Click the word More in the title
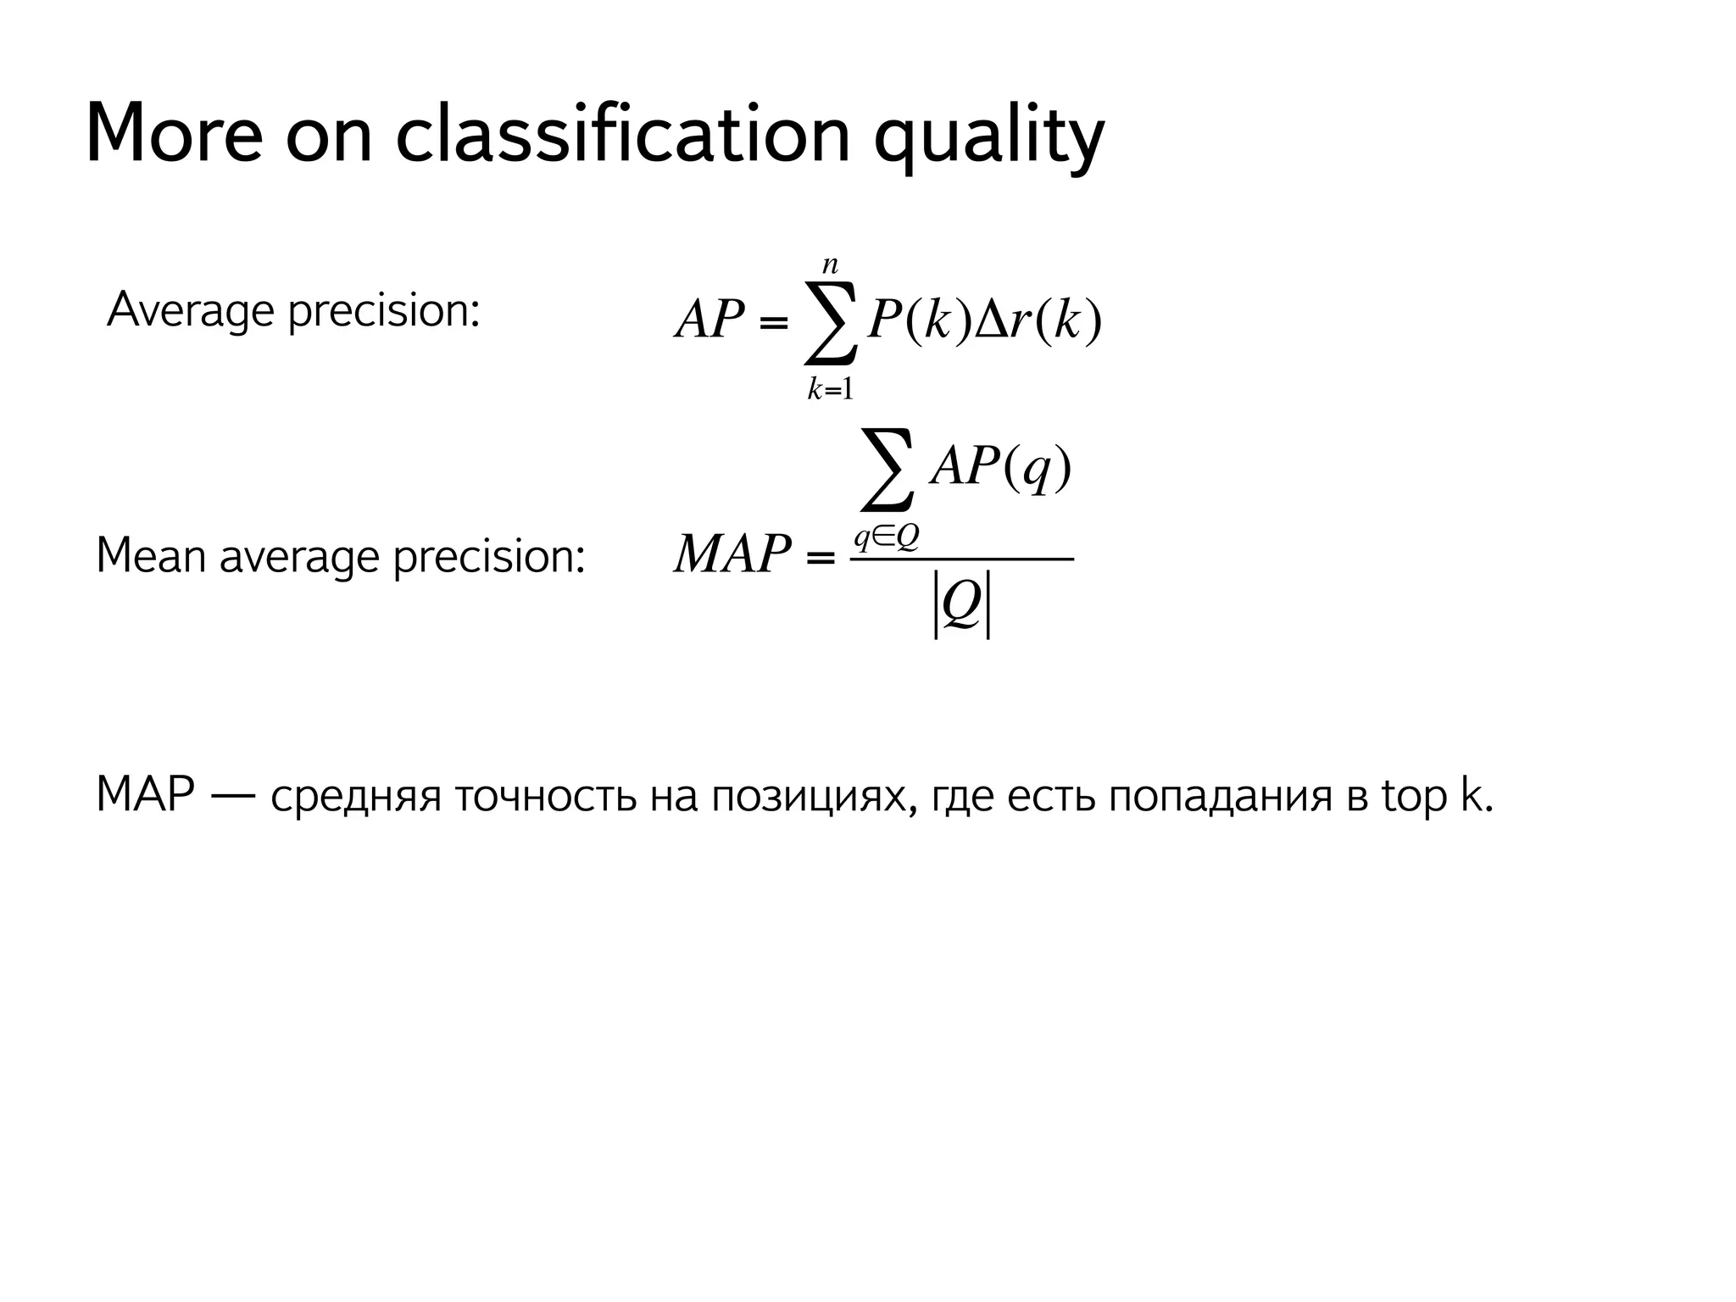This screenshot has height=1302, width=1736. click(174, 134)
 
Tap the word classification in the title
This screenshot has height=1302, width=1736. click(622, 134)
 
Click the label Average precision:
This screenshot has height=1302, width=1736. click(293, 311)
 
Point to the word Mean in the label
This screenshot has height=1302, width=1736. click(152, 557)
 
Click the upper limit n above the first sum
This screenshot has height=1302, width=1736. click(830, 266)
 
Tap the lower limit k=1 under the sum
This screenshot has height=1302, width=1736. click(830, 390)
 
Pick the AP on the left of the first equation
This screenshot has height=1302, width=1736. click(709, 321)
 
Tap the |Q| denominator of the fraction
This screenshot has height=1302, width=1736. click(962, 604)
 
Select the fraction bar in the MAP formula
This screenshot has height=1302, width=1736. click(962, 559)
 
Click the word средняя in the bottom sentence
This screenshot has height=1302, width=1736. click(356, 798)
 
